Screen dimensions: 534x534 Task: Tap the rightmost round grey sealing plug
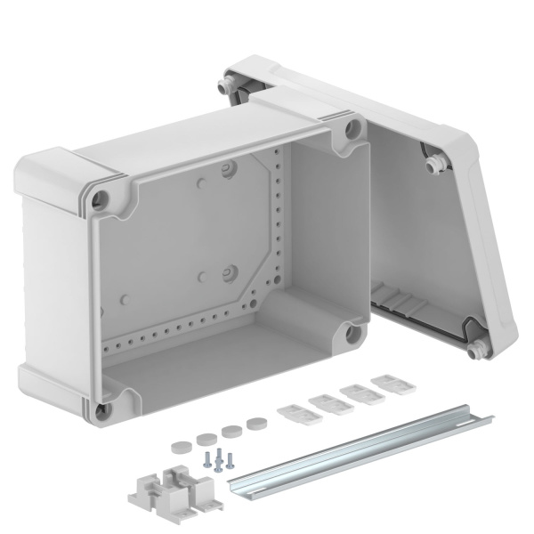coord(258,423)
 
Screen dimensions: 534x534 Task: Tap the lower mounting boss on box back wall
coord(228,271)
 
